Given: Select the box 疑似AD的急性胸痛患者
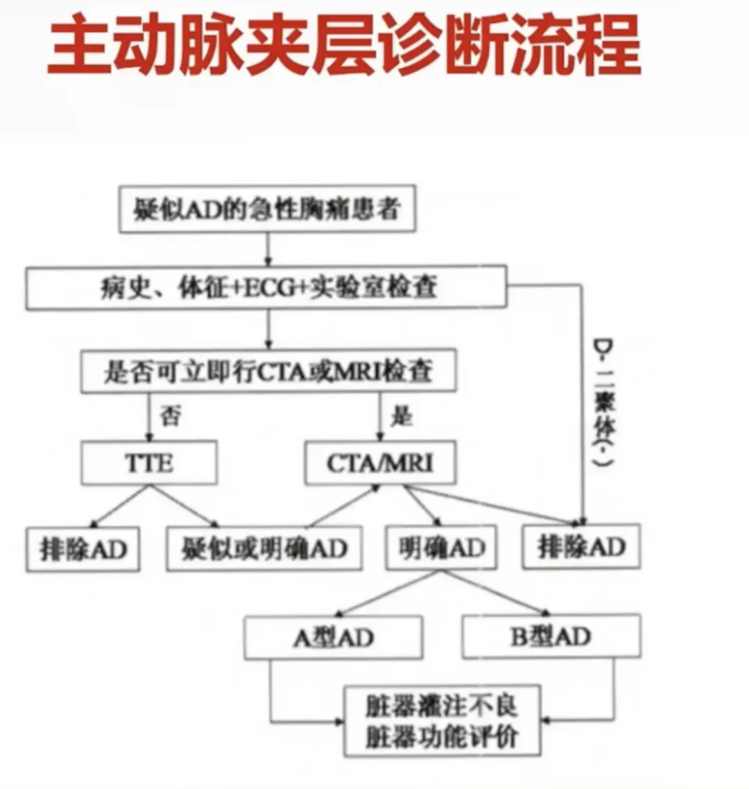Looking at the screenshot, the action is point(267,209).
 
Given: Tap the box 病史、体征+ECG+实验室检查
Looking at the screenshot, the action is point(266,287).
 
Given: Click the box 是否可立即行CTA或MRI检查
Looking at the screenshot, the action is point(268,372).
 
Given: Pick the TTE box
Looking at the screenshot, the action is point(149,462).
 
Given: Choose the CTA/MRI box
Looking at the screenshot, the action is point(380,462).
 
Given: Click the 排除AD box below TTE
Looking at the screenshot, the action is point(83,550).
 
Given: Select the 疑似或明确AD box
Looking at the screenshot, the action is point(264,549).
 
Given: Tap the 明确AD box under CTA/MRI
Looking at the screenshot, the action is point(441,548).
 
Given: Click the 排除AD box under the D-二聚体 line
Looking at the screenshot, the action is point(581,547).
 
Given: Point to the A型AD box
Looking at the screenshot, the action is point(333,637).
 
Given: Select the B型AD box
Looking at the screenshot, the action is point(551,636).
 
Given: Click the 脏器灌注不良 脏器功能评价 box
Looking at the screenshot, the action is point(442,721).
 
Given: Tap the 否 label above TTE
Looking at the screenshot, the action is point(171,416).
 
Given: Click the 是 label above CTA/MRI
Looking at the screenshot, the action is point(402,416).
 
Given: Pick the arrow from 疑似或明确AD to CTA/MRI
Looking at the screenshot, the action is point(343,506).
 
